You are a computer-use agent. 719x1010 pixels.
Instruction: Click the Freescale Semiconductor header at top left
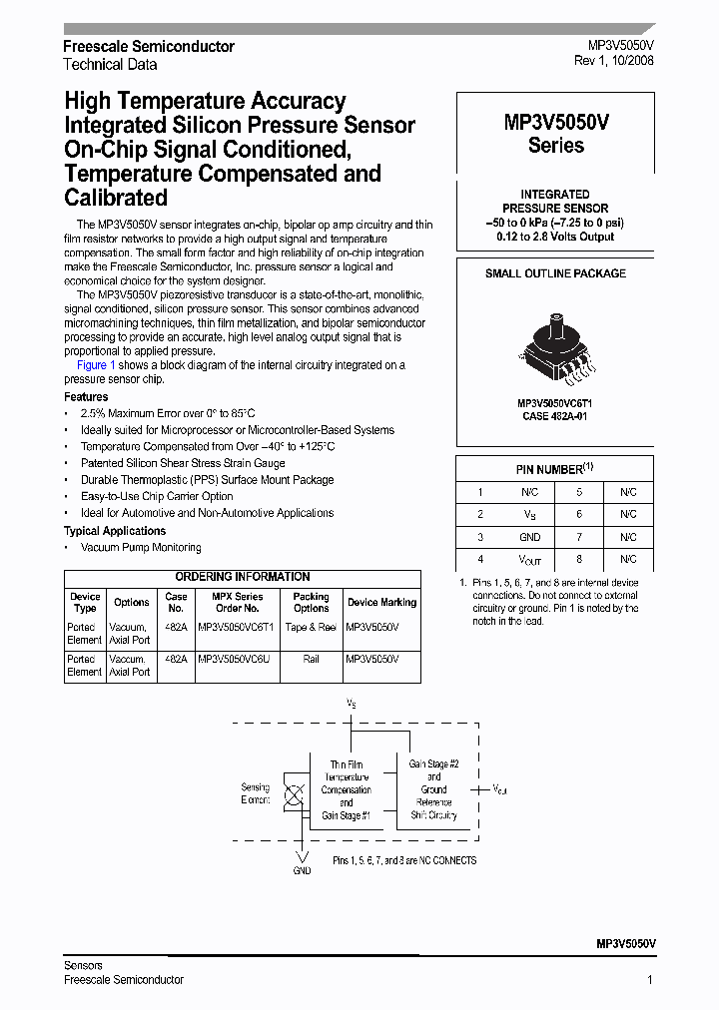tap(149, 47)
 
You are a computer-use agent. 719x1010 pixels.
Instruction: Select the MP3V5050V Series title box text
tap(556, 134)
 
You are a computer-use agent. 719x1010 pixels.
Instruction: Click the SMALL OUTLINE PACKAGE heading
tap(555, 273)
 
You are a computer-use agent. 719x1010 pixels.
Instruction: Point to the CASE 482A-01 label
tap(555, 416)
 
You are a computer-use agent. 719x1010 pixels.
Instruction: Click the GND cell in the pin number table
tap(529, 537)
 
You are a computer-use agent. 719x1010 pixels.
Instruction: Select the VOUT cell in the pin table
tap(529, 560)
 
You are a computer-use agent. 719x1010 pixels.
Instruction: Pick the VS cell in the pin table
tap(529, 515)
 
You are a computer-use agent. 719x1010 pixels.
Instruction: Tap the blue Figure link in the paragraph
tap(92, 365)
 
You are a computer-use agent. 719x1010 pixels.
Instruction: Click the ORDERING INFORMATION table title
tap(243, 577)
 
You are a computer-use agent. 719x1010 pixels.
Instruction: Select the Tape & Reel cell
tap(311, 627)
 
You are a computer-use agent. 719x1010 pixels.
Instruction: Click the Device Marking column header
tap(381, 602)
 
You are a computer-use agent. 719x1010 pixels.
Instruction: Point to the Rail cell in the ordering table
tap(311, 660)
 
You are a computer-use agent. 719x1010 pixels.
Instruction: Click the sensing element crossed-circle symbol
tap(296, 795)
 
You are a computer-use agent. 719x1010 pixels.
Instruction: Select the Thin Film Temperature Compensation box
tap(346, 789)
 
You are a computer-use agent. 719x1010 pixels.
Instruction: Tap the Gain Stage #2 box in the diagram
tap(433, 788)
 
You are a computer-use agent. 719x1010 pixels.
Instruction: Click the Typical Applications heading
tap(115, 531)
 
